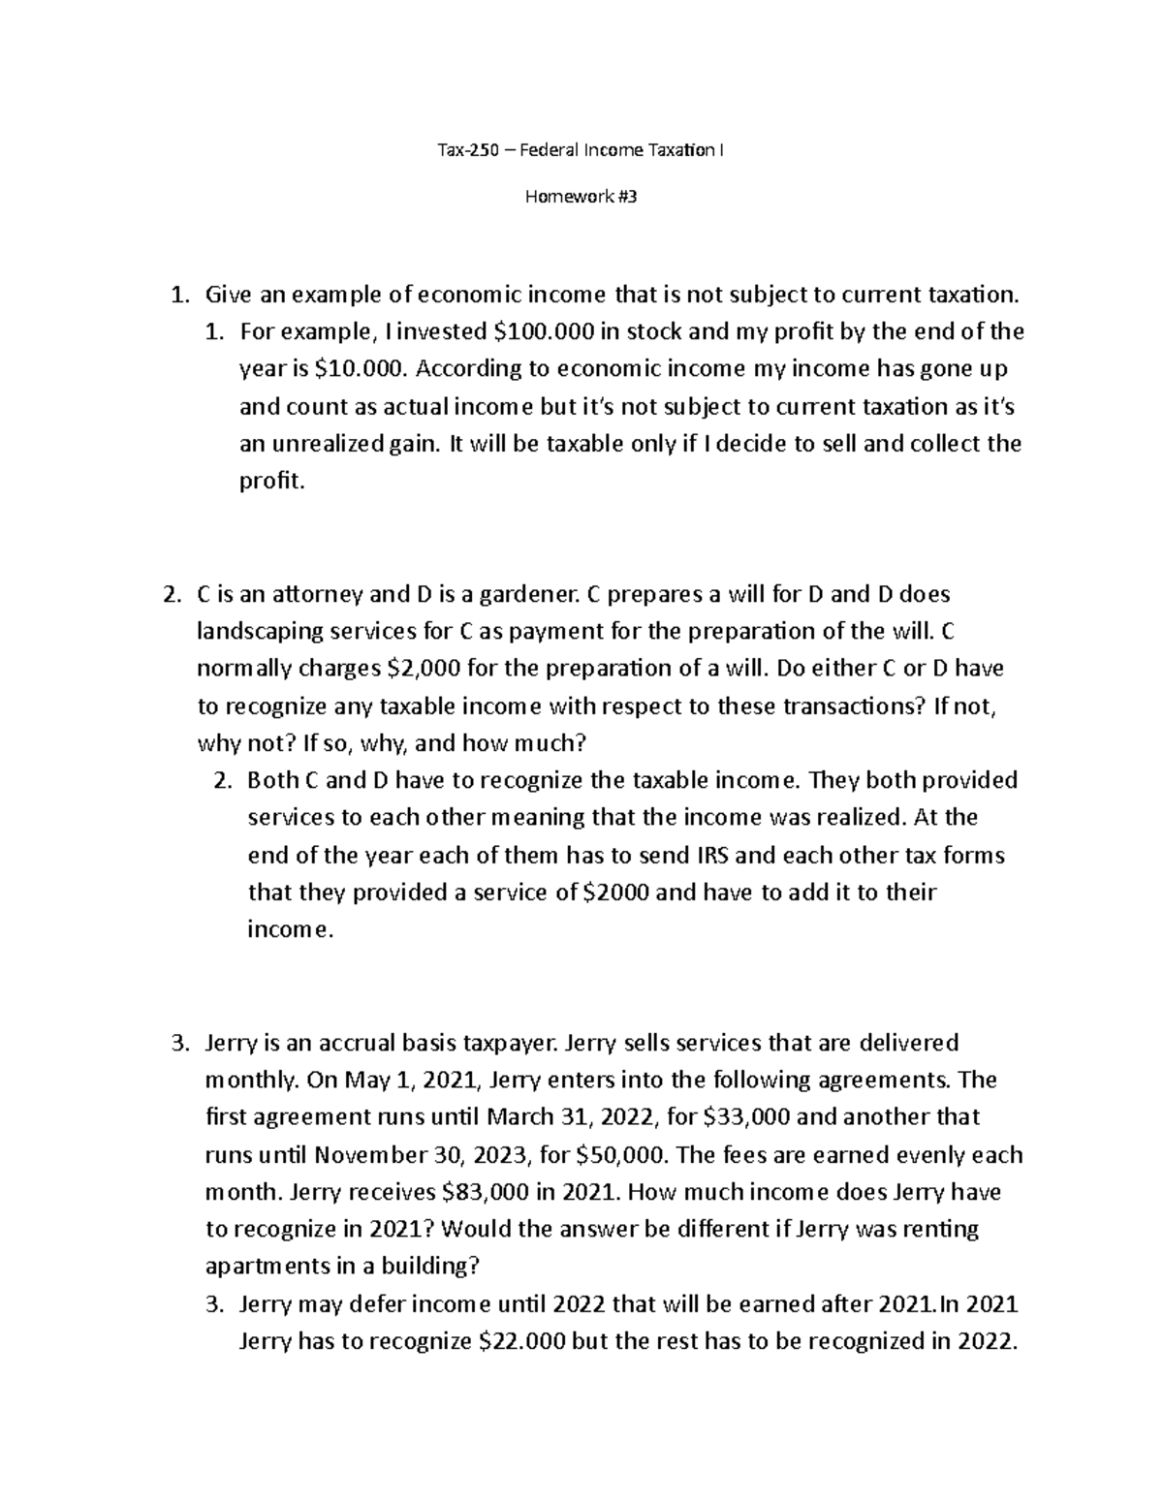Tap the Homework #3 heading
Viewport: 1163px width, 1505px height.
(581, 198)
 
